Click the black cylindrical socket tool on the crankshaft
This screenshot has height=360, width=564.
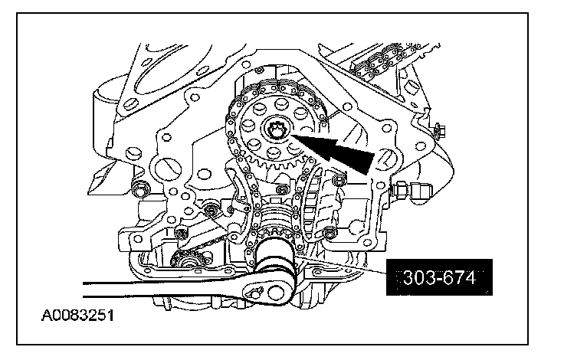pos(275,257)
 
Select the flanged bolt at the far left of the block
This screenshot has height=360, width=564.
pos(140,188)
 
